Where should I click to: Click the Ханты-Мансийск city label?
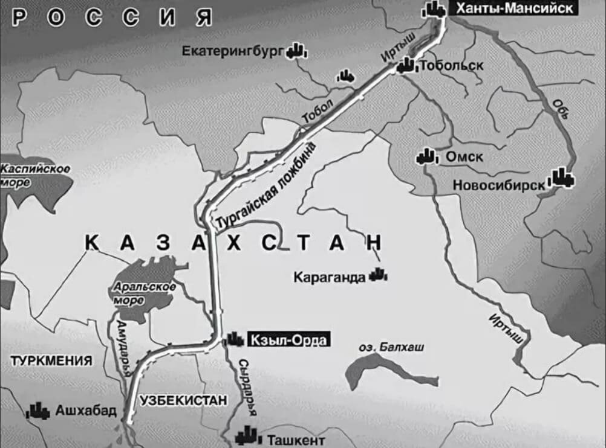tap(514, 8)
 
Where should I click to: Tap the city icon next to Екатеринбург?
tap(296, 51)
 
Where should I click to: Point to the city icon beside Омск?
tap(426, 157)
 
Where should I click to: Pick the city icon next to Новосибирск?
tap(562, 177)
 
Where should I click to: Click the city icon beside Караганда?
tap(379, 275)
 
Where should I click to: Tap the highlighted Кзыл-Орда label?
tap(288, 340)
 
